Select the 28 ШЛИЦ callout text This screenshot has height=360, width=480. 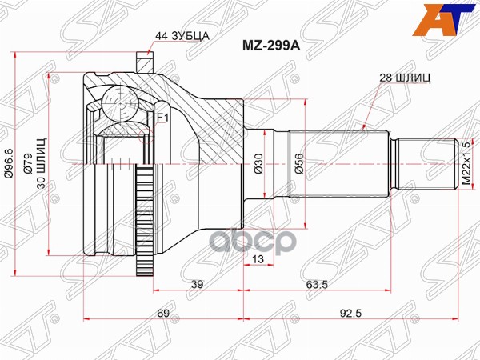point(404,77)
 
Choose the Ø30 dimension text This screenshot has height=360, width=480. point(258,165)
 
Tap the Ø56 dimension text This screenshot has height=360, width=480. point(298,165)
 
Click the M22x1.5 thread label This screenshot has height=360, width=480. point(467,165)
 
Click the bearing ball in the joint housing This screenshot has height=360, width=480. point(117,102)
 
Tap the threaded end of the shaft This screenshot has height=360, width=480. point(427,164)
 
